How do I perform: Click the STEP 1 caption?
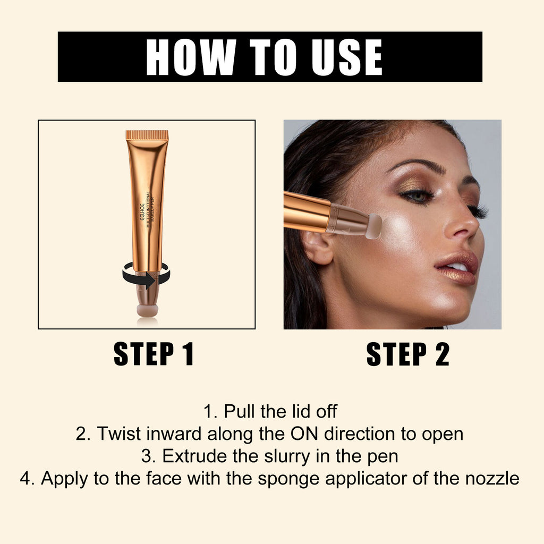tap(154, 355)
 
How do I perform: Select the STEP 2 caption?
tap(407, 355)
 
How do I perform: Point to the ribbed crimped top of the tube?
tap(147, 135)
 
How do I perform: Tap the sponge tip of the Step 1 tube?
tap(147, 310)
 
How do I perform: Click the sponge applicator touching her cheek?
tap(374, 225)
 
